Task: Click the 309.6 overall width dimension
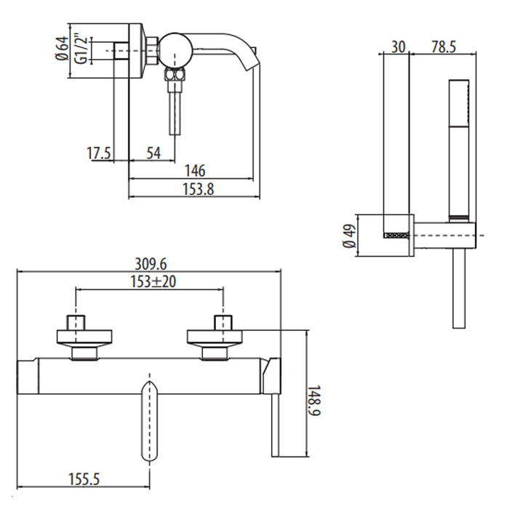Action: [x=151, y=264]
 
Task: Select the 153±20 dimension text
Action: [x=153, y=281]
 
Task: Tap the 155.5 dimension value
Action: [x=84, y=478]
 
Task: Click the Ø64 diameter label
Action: [x=62, y=48]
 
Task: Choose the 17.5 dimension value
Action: [x=99, y=153]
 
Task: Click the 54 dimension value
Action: [x=153, y=153]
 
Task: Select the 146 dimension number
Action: [x=195, y=171]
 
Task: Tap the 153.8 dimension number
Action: [x=199, y=189]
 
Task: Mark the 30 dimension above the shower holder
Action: [x=398, y=47]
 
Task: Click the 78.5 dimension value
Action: [x=444, y=47]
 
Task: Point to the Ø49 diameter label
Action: [x=349, y=236]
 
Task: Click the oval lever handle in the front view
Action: [x=150, y=421]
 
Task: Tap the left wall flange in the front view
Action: [x=84, y=337]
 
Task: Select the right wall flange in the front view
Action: [x=215, y=337]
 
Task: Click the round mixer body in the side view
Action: [x=175, y=50]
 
